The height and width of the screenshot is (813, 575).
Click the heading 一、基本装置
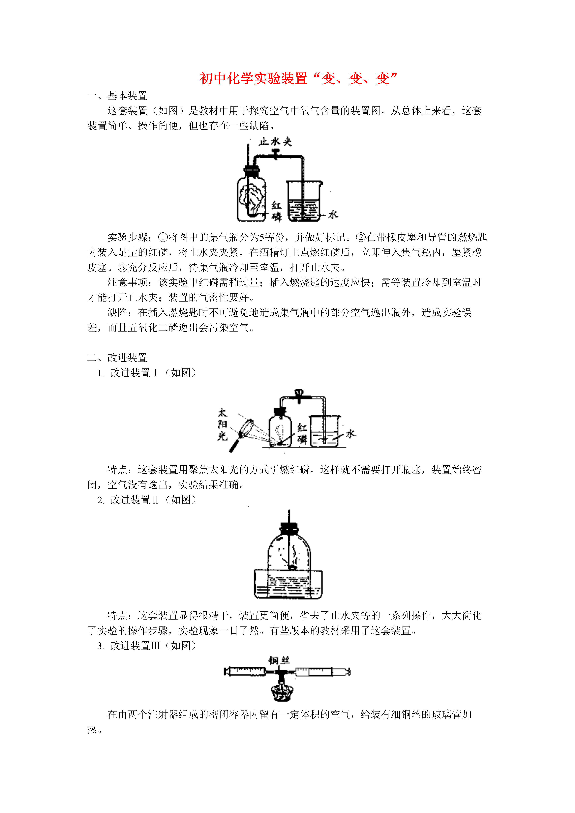point(117,96)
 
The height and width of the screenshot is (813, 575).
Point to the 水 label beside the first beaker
point(333,214)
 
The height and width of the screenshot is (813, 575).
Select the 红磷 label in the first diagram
point(276,211)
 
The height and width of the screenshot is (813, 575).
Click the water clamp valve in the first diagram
point(275,154)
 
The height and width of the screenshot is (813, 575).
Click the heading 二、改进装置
point(117,358)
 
